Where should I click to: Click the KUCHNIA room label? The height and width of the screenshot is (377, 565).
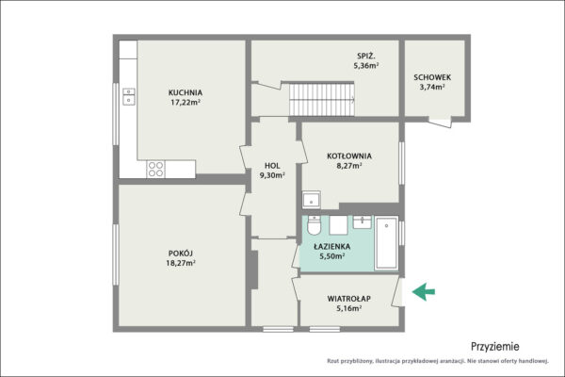click(x=186, y=92)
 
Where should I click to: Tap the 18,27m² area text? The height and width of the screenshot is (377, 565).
click(x=181, y=263)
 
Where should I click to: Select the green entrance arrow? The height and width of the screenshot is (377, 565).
click(x=424, y=291)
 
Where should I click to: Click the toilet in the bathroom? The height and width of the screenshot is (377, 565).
click(x=314, y=225)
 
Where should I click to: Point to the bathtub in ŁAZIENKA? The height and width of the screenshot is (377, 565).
click(x=386, y=242)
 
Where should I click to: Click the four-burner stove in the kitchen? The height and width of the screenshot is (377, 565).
click(x=155, y=170)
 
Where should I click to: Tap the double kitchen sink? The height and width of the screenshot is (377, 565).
click(x=129, y=96)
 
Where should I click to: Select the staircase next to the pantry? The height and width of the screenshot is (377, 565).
click(x=322, y=100)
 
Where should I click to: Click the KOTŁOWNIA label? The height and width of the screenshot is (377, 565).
click(x=349, y=156)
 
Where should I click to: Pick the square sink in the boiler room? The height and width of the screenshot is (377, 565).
click(x=312, y=200)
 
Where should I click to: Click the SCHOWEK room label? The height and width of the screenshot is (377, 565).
click(x=432, y=77)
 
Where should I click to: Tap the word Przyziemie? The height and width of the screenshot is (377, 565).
click(x=495, y=347)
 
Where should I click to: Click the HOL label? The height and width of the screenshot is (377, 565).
click(x=272, y=166)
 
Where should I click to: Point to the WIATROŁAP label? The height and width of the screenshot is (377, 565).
click(x=348, y=299)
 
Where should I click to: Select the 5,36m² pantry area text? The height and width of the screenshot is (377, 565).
click(x=366, y=66)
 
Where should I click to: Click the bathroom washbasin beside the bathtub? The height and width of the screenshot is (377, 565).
click(x=363, y=221)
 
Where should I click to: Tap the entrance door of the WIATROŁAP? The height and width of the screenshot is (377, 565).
click(x=397, y=292)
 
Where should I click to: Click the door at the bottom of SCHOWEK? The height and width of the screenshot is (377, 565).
click(x=440, y=122)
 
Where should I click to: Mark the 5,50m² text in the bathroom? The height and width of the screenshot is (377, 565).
click(x=331, y=256)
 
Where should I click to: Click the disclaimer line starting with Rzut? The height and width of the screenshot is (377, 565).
click(x=438, y=361)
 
